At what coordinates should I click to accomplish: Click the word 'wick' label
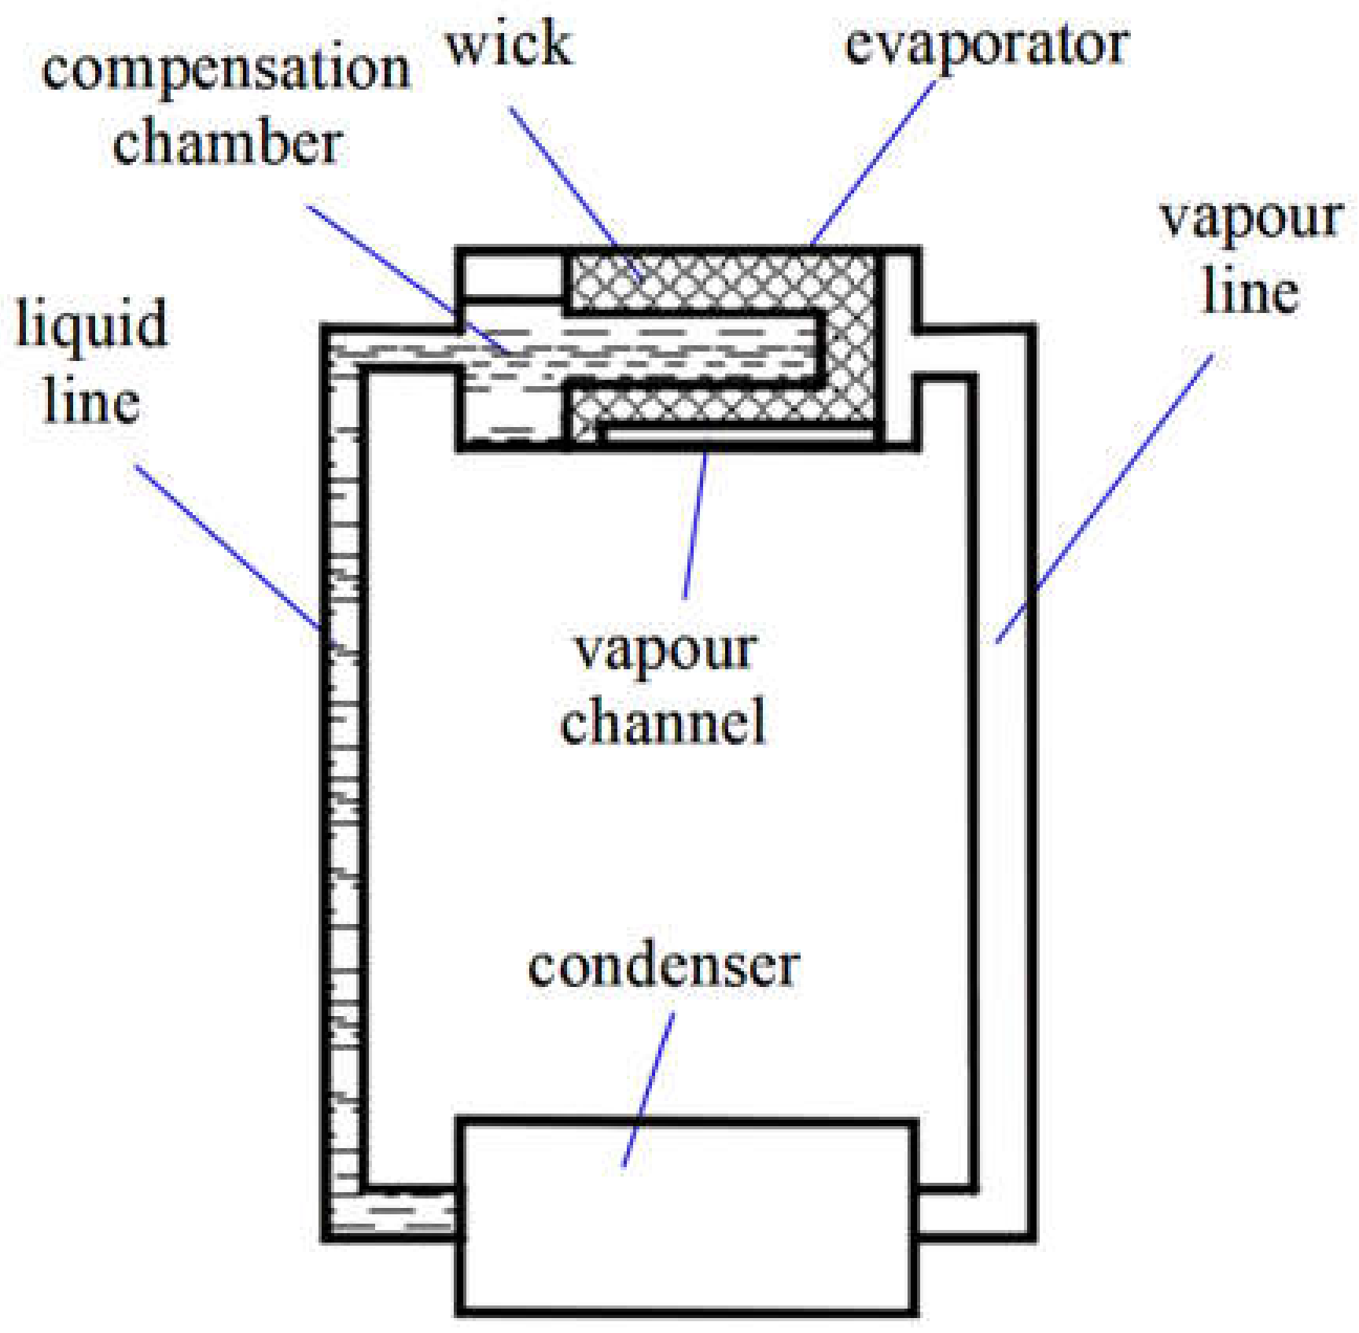(x=509, y=44)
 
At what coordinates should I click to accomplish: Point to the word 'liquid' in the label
(x=92, y=324)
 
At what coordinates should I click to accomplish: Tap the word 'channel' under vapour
(x=663, y=721)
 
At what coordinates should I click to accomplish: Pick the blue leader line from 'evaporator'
(x=873, y=161)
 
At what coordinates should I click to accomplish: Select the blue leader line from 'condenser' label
(x=649, y=1089)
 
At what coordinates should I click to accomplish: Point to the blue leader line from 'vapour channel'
(x=695, y=523)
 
